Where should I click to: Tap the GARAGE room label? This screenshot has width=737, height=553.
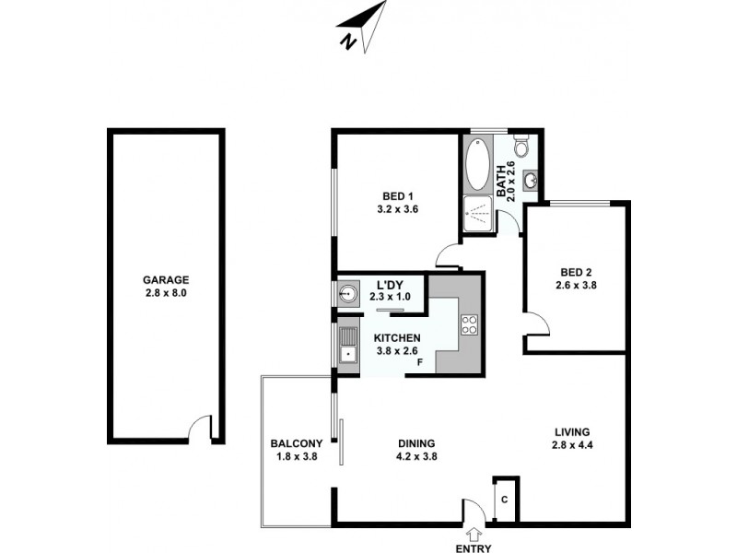[x=166, y=280]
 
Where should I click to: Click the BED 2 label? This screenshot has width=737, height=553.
[x=576, y=272]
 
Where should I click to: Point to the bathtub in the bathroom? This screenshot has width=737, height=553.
[x=478, y=166]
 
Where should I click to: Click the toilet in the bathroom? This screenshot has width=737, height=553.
[x=521, y=147]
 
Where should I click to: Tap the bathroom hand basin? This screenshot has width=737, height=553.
[x=531, y=180]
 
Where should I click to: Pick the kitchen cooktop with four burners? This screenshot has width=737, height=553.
[x=469, y=325]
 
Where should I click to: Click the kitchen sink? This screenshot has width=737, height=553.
[x=347, y=347]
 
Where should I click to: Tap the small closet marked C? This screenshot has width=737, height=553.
[x=505, y=500]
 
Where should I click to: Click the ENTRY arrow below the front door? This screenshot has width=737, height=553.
[x=474, y=533]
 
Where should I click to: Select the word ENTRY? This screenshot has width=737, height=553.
[x=474, y=548]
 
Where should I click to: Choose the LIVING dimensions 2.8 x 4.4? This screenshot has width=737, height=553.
[x=572, y=447]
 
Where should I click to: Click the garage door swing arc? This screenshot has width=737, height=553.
[x=198, y=427]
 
